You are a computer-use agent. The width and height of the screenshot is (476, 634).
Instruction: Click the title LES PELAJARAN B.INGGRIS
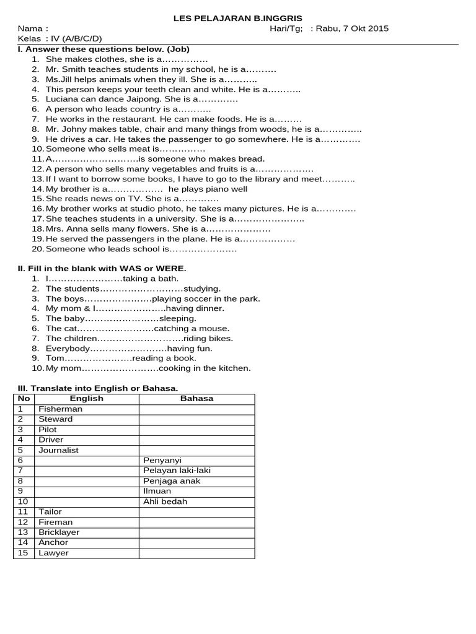tap(237, 19)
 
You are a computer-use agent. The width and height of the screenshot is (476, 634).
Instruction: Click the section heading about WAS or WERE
tap(102, 269)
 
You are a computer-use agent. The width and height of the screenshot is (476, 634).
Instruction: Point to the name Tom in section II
tap(55, 358)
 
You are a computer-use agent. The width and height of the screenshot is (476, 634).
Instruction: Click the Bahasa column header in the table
tap(196, 399)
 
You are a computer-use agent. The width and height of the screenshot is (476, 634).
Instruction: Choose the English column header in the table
tap(86, 399)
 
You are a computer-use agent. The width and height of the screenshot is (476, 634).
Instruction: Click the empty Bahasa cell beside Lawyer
tap(196, 554)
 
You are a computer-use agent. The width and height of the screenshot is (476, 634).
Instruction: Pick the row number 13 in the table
tap(24, 532)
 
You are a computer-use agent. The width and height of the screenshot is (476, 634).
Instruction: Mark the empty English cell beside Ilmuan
tap(86, 492)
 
